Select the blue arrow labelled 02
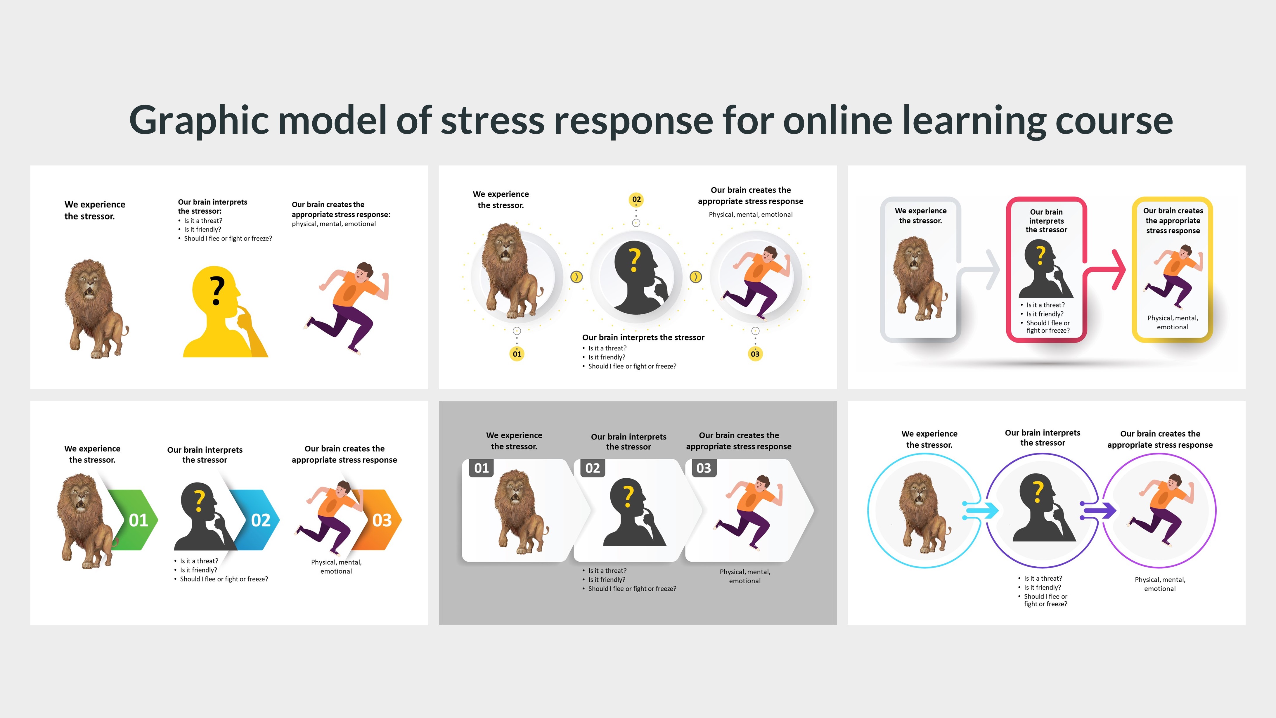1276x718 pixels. pyautogui.click(x=258, y=520)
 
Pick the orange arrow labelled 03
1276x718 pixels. pyautogui.click(x=379, y=520)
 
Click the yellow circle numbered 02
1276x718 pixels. pyautogui.click(x=636, y=199)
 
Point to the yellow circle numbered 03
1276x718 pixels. pyautogui.click(x=755, y=354)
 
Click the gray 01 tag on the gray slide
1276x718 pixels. pyautogui.click(x=481, y=468)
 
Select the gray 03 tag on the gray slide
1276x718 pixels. pyautogui.click(x=703, y=468)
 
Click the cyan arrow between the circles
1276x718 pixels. pyautogui.click(x=981, y=511)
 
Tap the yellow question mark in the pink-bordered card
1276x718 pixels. pyautogui.click(x=1041, y=255)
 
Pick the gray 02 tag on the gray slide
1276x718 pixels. pyautogui.click(x=593, y=468)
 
